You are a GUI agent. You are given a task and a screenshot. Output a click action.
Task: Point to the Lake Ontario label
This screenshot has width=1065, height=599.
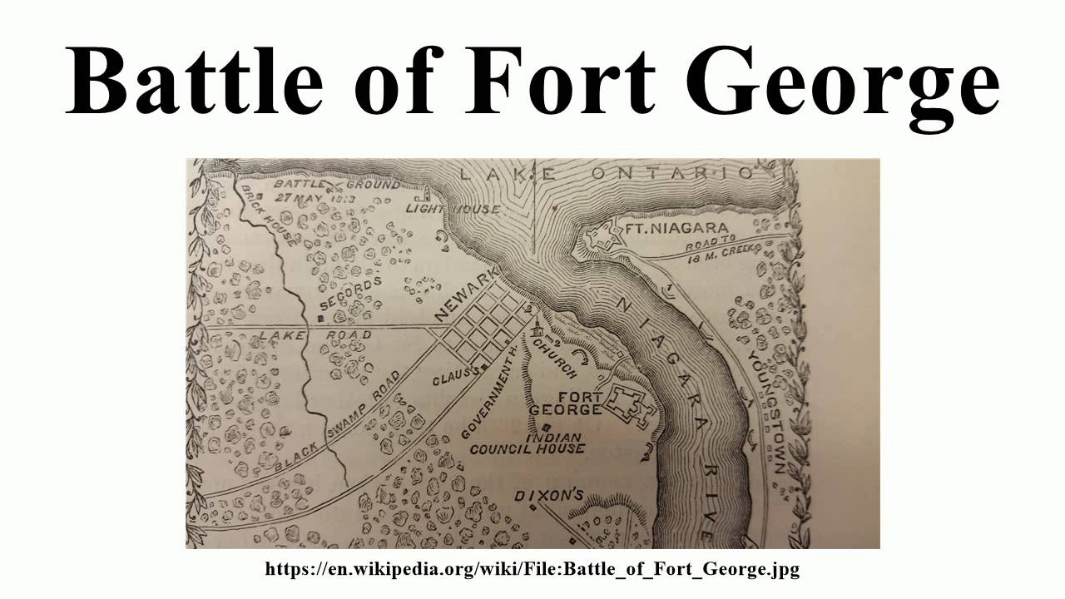tap(607, 173)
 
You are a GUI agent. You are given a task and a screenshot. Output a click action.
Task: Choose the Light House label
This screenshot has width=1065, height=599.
tap(453, 209)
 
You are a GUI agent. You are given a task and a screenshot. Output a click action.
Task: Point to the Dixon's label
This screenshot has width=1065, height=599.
tap(548, 495)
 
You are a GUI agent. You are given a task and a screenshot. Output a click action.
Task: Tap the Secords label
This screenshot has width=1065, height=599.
tap(349, 295)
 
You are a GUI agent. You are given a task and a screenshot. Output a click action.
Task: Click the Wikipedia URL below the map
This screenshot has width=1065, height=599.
tap(532, 569)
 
